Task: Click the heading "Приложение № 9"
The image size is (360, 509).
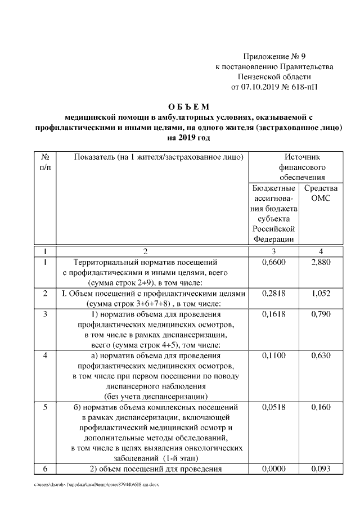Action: point(274,56)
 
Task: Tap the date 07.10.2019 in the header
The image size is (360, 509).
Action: point(265,87)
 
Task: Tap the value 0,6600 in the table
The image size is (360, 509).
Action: point(274,262)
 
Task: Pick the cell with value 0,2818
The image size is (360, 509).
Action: point(274,294)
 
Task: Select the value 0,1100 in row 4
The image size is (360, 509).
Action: point(274,356)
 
